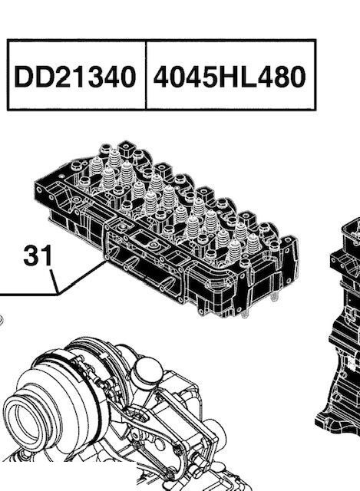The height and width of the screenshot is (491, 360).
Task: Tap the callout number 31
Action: pyautogui.click(x=38, y=255)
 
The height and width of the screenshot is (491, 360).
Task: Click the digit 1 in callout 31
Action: pyautogui.click(x=47, y=255)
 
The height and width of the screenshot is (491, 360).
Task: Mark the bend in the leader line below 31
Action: pyautogui.click(x=59, y=294)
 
